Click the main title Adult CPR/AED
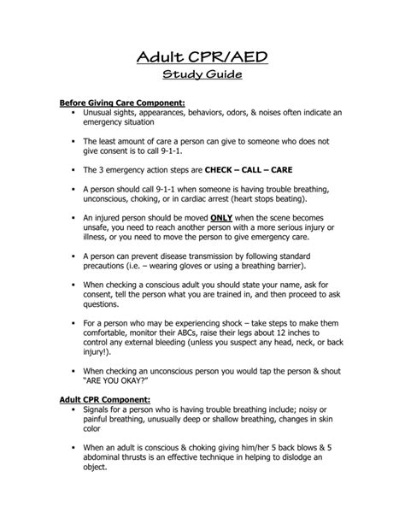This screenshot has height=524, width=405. pos(202,57)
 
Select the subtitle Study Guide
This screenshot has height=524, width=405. pos(202,77)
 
